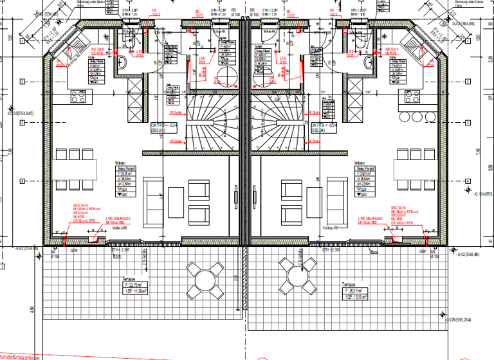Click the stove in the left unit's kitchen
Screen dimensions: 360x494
pyautogui.click(x=78, y=98)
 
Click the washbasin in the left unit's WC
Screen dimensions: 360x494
pyautogui.click(x=123, y=62)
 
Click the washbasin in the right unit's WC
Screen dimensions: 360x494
pyautogui.click(x=369, y=62)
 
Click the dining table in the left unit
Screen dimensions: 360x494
pyautogui.click(x=72, y=170)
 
